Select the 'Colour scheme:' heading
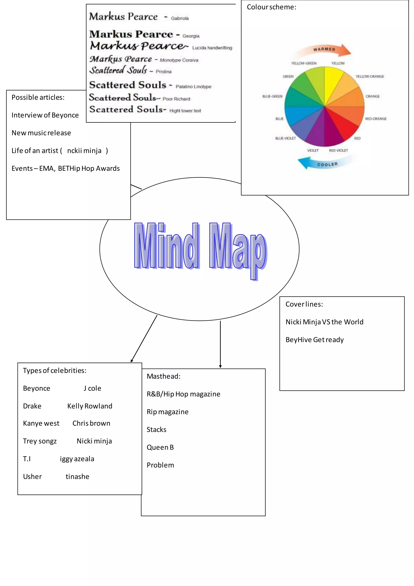[271, 7]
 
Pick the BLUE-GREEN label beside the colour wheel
[272, 96]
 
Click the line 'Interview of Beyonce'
[45, 115]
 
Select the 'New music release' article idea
[41, 133]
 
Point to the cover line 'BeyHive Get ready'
[314, 340]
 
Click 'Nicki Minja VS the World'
[324, 322]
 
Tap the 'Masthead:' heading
[163, 376]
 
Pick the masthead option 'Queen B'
[160, 447]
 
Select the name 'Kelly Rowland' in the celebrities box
[90, 406]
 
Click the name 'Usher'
[32, 477]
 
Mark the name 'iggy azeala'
[77, 459]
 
